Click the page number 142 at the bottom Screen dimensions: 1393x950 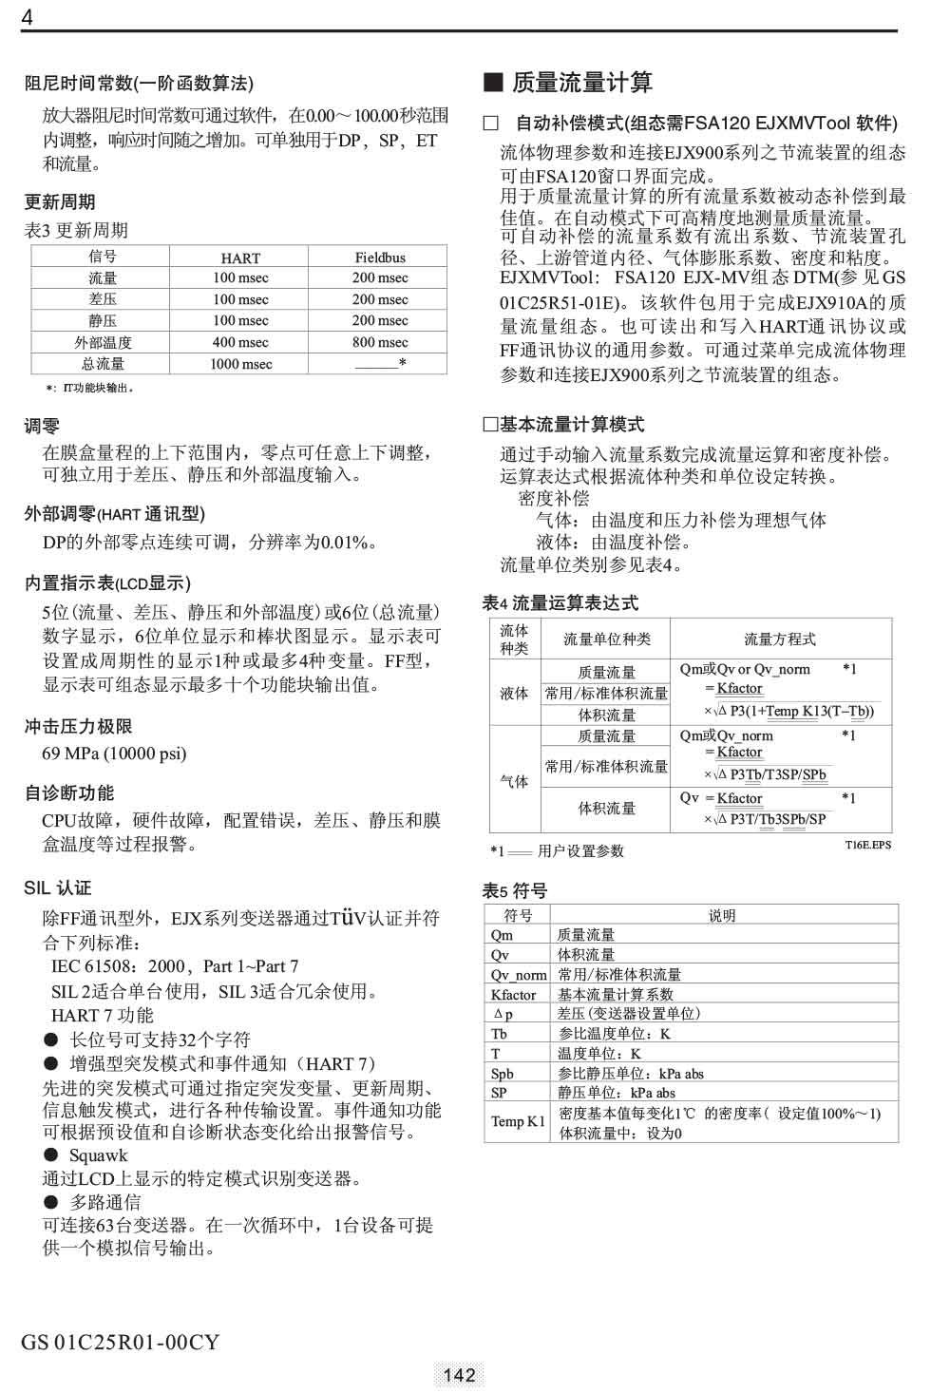(x=459, y=1375)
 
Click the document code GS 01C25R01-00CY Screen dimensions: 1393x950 (x=120, y=1342)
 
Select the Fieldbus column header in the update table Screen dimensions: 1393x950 (x=380, y=258)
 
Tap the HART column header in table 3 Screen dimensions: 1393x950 (x=240, y=258)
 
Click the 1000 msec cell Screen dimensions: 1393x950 (x=240, y=364)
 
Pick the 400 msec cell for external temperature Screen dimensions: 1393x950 (x=240, y=342)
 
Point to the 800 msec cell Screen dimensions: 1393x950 (x=380, y=342)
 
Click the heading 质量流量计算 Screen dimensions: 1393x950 (x=581, y=83)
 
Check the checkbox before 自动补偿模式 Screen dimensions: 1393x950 (x=490, y=123)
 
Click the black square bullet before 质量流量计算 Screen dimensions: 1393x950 (x=492, y=82)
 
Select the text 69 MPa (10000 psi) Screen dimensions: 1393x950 (x=114, y=754)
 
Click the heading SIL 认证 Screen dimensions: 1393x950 (x=58, y=887)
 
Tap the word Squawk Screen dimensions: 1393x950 (x=98, y=1155)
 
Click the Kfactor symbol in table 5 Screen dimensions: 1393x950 (x=513, y=995)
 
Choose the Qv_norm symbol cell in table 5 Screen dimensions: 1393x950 (x=519, y=975)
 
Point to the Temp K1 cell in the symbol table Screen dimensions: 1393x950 (x=518, y=1121)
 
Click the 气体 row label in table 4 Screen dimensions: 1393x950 (x=514, y=781)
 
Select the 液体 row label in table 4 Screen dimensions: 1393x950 (x=514, y=694)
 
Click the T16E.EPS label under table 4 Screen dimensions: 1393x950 (x=867, y=845)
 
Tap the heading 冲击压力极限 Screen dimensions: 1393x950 (x=78, y=727)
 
